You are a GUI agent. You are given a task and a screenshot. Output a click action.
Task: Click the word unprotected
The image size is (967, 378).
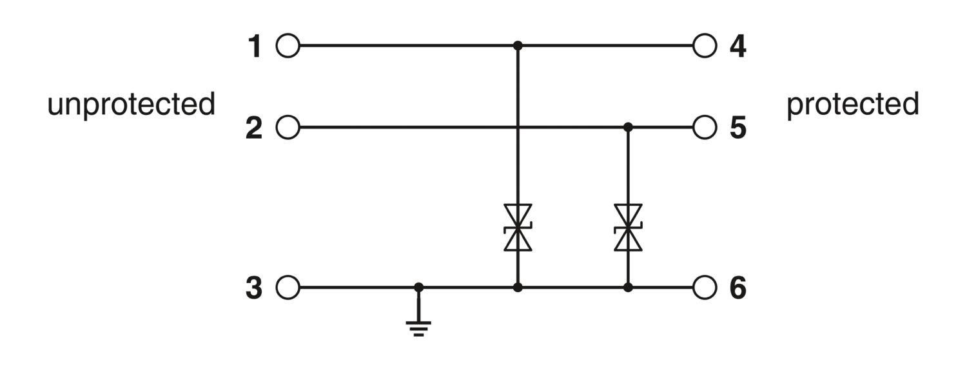[x=132, y=105]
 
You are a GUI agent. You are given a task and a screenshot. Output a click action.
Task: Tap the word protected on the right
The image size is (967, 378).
[x=853, y=105]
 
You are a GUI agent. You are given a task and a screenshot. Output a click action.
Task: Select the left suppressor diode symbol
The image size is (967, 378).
[x=518, y=228]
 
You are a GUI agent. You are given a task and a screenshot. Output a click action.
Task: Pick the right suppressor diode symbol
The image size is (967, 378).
[x=628, y=228]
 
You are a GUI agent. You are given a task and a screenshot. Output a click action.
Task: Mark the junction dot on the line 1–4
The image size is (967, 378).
[x=518, y=45]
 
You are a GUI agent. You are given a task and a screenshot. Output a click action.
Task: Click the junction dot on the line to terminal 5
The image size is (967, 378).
[x=628, y=128]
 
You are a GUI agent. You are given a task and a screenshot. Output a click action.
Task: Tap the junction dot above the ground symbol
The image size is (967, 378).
[x=418, y=287]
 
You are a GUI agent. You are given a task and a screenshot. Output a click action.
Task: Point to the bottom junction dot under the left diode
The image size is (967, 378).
[x=518, y=287]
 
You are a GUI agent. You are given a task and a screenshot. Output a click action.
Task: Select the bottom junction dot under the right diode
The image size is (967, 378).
[x=628, y=287]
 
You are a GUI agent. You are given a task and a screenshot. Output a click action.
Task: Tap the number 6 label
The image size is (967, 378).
[x=737, y=288]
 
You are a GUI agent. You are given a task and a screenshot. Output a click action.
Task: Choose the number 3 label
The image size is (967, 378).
[x=254, y=288]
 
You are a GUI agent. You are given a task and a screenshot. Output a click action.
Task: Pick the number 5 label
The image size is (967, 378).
[x=737, y=128]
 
